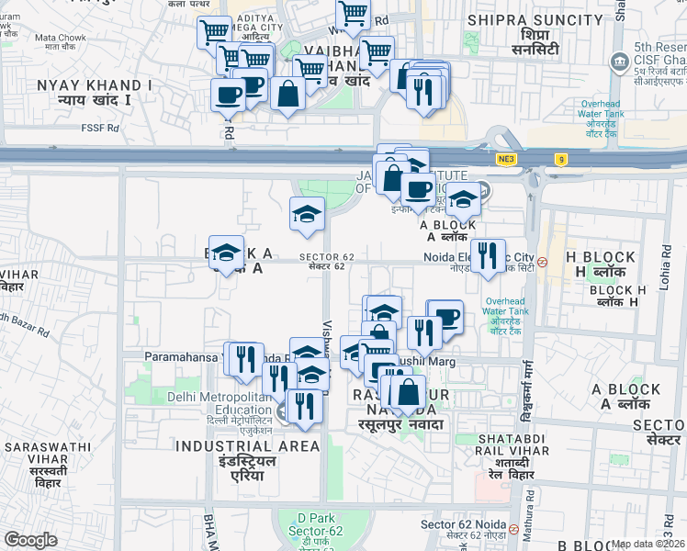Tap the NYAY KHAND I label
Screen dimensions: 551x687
point(96,91)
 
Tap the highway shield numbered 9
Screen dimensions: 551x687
point(561,160)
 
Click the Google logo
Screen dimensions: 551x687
point(30,540)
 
